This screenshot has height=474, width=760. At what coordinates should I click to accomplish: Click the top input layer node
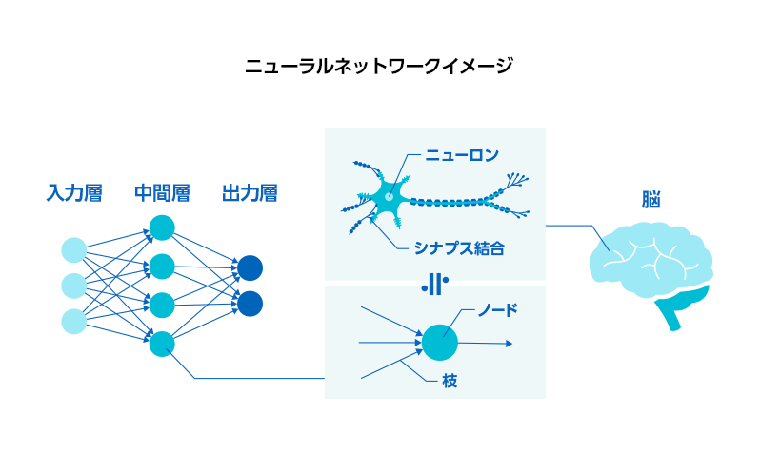74,250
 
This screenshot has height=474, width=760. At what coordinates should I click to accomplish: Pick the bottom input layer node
74,321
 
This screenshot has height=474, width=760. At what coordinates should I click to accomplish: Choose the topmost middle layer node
162,227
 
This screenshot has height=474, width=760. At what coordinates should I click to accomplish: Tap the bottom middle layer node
162,343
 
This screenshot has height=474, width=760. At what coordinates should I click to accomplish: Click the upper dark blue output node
250,267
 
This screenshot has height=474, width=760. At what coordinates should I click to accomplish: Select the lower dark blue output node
250,304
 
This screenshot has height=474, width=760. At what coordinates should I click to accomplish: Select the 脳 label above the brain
651,200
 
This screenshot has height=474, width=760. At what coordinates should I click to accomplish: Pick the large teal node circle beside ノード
439,342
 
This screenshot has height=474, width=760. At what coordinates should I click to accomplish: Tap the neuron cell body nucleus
389,196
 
